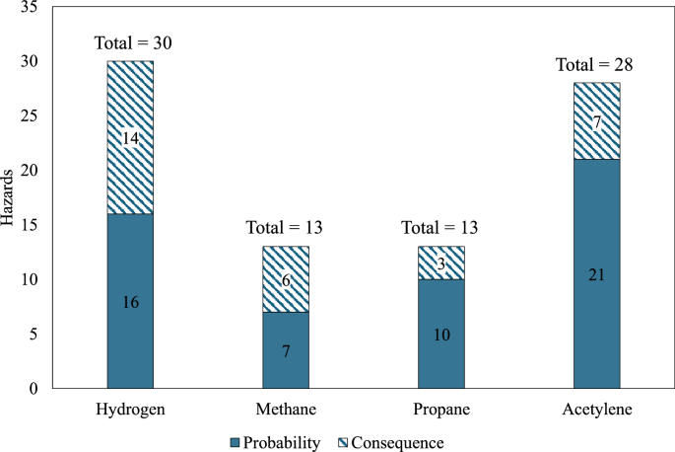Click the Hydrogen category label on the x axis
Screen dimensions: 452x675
[130, 408]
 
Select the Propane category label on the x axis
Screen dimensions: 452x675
[441, 408]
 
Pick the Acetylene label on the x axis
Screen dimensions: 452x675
[596, 408]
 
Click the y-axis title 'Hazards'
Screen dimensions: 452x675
[9, 198]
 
